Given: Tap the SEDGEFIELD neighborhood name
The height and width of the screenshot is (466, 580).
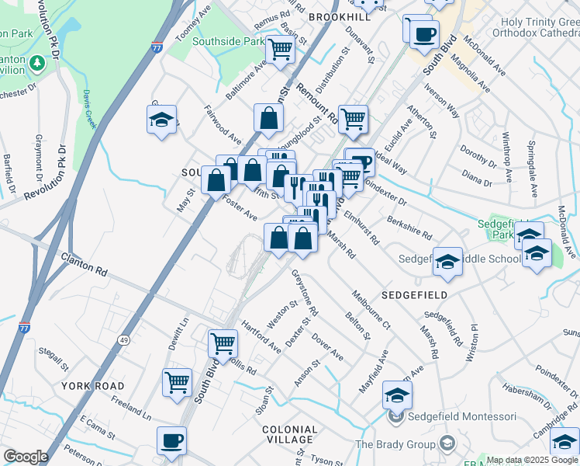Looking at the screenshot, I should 414,295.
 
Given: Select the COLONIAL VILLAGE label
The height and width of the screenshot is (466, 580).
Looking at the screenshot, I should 290,435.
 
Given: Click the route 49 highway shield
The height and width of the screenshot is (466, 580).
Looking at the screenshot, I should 123,339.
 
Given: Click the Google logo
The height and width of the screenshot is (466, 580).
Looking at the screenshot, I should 25,457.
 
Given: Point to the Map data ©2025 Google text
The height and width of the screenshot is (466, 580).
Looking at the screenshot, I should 532,460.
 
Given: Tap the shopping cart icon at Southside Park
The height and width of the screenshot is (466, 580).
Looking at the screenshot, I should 279,50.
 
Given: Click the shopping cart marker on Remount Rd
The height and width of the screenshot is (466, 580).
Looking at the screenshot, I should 353,119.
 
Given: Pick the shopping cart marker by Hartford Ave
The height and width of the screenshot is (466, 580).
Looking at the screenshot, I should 223,342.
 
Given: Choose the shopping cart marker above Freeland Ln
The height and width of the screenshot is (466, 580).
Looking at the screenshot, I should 177,381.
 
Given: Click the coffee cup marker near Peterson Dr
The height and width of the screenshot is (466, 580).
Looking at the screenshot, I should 171,440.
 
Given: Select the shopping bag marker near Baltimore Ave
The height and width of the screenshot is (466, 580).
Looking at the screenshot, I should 268,118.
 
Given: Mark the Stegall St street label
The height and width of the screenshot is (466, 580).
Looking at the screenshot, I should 56,358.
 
